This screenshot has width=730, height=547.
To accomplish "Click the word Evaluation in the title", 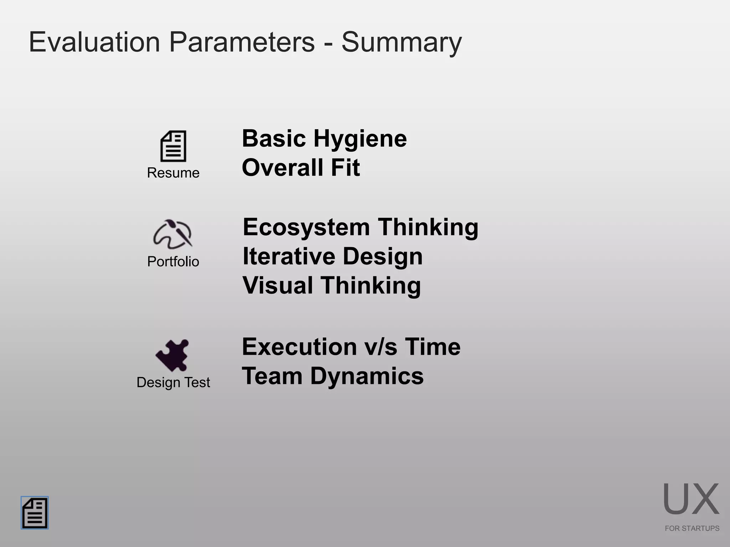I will coord(94,42).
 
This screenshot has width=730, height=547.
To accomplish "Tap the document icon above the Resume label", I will coord(173,146).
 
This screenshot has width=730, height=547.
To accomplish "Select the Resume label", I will coord(173,173).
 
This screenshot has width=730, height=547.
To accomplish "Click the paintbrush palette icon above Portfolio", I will coord(173,234).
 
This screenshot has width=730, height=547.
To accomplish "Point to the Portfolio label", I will coord(173,262).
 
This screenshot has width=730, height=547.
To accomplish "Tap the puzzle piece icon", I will coord(173,355).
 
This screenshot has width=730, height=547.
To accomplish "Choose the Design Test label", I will coord(173,382).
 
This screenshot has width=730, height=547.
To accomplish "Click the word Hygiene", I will coord(360,139).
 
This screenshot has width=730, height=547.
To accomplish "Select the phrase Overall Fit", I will coord(301,168).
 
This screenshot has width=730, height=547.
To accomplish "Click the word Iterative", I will coord(289,256).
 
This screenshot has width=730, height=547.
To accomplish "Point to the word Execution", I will coord(299,347).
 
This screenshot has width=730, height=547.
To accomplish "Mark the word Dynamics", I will coord(367,376).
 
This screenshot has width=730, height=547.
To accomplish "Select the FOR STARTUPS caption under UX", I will coord(692,528).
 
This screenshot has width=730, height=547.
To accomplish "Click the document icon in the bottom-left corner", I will coord(35,513).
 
